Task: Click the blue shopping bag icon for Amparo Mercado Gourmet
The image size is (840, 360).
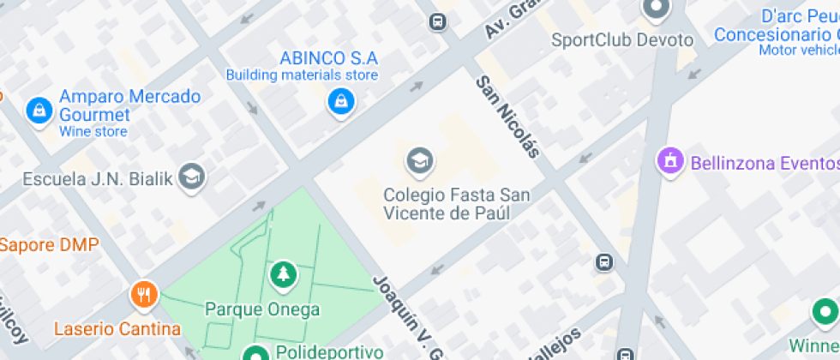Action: (39, 109)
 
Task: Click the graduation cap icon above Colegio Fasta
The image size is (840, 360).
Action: (419, 160)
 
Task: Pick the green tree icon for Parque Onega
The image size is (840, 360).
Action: (281, 275)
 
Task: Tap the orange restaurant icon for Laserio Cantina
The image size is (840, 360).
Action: (143, 296)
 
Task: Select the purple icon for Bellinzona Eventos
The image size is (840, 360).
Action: (669, 160)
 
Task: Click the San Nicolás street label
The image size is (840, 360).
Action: (508, 117)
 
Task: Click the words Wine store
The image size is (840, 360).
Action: (93, 132)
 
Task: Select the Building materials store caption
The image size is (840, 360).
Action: (302, 75)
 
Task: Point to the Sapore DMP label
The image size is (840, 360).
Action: (49, 244)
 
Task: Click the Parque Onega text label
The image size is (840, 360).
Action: (262, 309)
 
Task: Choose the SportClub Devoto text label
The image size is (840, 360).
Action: (621, 39)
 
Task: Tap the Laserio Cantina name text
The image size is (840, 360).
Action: (117, 328)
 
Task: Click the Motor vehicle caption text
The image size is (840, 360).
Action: (798, 50)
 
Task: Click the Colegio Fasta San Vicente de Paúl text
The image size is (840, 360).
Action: (456, 204)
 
